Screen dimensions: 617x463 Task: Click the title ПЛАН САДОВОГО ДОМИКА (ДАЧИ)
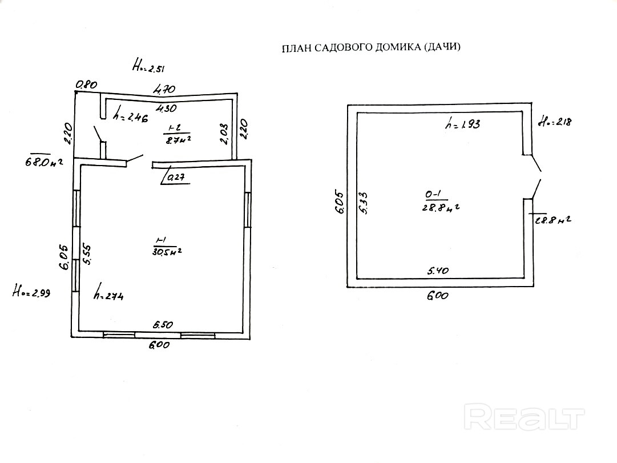point(371,48)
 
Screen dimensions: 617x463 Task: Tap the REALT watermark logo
point(524,417)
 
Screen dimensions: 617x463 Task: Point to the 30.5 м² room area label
point(167,251)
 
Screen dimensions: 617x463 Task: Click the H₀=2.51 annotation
point(148,67)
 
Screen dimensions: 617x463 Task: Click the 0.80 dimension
point(87,84)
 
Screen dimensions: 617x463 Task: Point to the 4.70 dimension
point(162,89)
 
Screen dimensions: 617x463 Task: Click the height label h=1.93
point(462,124)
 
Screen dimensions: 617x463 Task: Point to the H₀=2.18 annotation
point(555,122)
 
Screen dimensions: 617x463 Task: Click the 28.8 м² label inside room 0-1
point(439,207)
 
